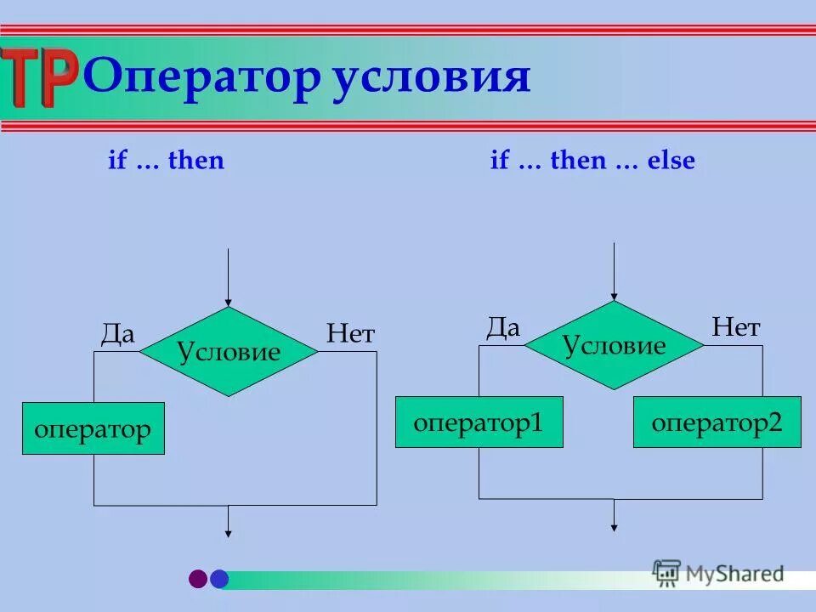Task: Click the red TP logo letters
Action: pos(40,78)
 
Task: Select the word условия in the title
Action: pos(431,78)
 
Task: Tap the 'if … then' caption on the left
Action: pos(166,161)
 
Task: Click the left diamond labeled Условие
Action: pos(229,351)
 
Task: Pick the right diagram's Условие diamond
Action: pos(614,345)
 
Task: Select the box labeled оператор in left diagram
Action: pos(93,429)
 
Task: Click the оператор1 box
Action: pos(479,422)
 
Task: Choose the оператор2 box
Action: pos(717,422)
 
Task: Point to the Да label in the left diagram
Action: pos(118,334)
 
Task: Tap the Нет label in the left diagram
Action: pos(349,334)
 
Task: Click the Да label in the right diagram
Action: pos(502,328)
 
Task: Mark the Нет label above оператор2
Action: pos(735,327)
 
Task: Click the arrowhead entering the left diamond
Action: pos(228,302)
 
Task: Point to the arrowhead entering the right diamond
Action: pos(614,295)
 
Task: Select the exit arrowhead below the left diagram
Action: pos(228,532)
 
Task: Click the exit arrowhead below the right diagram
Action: pos(614,526)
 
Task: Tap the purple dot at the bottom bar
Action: pos(198,579)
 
